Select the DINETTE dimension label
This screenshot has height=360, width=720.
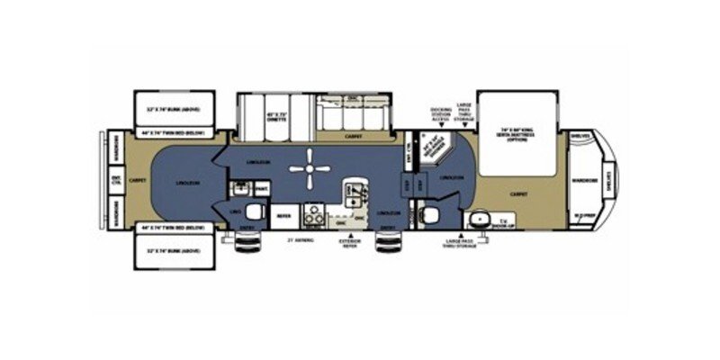tap(256, 117)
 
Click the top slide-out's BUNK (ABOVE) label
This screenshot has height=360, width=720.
tap(175, 109)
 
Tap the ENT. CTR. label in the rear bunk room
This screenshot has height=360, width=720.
tap(115, 181)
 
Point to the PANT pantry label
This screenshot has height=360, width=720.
tap(262, 188)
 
